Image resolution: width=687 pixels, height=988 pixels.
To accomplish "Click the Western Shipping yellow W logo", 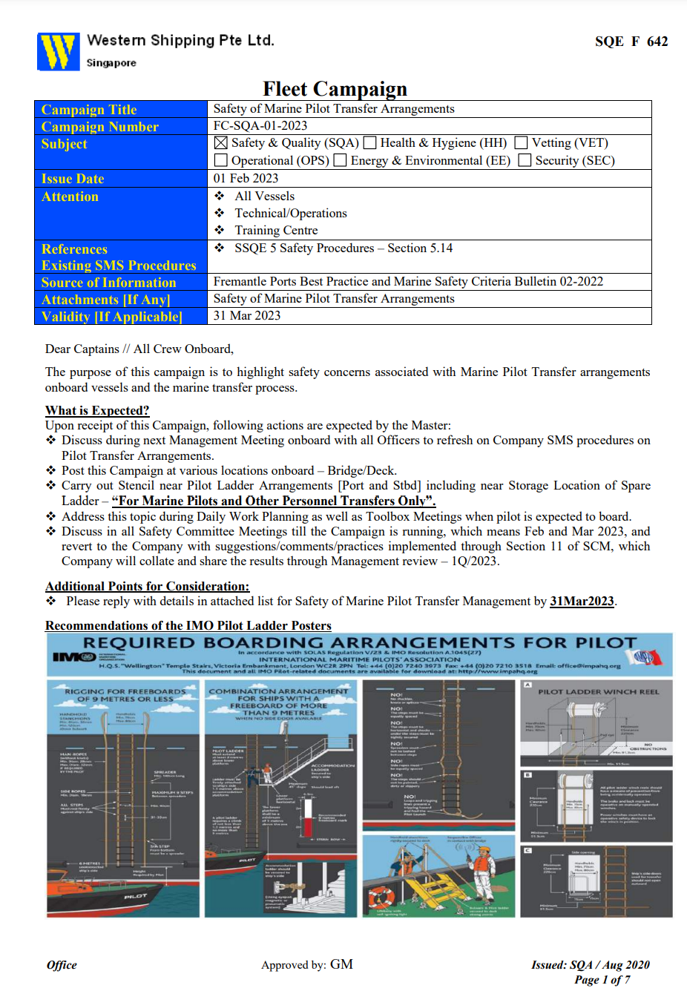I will (58, 52).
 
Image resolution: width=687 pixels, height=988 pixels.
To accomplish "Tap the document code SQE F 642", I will (631, 42).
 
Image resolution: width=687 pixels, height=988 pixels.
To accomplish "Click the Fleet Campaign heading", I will (335, 89).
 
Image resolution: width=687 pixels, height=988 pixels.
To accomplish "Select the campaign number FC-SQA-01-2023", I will (260, 126).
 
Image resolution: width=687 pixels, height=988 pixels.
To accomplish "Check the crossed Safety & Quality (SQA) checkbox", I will (221, 143).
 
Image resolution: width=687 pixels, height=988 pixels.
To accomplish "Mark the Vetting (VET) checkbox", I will (522, 143).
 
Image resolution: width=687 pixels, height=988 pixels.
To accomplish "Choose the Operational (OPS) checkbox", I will (221, 160).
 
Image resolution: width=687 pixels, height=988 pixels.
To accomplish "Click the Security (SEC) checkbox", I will (525, 160).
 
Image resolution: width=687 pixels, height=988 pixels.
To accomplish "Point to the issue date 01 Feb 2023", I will (246, 179).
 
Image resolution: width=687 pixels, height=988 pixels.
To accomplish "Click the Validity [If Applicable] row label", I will (111, 317).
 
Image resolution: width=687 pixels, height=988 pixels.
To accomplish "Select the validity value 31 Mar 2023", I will (247, 316).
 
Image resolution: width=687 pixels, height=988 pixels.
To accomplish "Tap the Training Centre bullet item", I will (276, 231).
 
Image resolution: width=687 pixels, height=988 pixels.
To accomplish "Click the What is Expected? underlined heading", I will (97, 411).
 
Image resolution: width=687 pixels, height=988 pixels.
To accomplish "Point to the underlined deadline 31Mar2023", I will (582, 602).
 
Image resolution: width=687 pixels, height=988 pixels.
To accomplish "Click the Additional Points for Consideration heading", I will (147, 587).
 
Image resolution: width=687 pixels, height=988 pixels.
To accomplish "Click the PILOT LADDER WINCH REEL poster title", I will (598, 691).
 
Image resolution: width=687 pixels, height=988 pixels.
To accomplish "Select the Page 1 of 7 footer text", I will (602, 980).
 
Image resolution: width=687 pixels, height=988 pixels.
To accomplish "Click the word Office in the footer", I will (62, 965).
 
